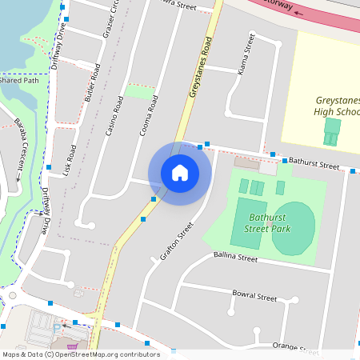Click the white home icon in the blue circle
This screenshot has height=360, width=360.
(180, 173)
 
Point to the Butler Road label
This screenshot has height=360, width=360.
(93, 82)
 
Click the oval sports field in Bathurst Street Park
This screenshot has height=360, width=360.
(293, 228)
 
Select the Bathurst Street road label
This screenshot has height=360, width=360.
(314, 163)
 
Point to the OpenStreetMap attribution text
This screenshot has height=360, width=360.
(80, 354)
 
